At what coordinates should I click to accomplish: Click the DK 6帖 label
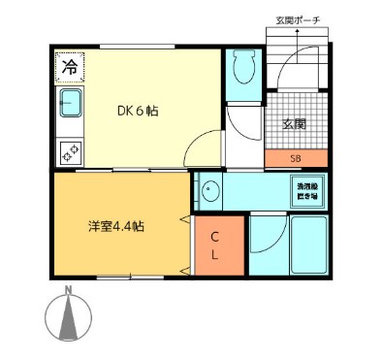139,111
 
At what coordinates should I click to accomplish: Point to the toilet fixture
242,69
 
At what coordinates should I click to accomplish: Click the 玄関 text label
296,124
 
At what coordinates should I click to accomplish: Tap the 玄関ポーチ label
298,21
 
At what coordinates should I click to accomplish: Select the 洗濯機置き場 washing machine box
306,190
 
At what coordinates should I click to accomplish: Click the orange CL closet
215,245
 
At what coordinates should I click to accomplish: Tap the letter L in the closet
215,256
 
